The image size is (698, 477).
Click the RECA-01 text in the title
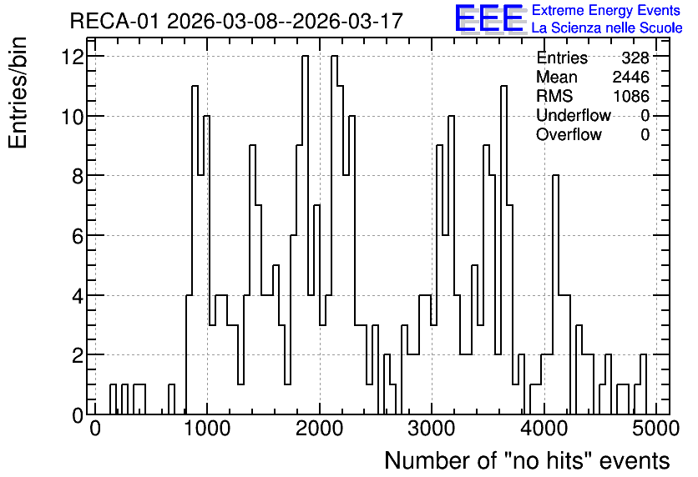[114, 21]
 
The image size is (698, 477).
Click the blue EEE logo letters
[489, 18]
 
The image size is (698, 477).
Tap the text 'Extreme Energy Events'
[606, 10]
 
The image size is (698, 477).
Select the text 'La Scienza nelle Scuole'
[607, 28]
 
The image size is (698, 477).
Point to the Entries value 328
[635, 58]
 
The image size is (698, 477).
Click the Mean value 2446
[630, 77]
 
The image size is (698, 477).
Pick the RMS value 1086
[631, 96]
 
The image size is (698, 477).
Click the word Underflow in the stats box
[574, 115]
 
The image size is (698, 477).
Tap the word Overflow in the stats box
[569, 134]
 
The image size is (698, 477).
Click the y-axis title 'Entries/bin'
[18, 93]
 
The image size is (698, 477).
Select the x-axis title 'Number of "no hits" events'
[527, 460]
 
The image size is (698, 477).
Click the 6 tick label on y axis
[78, 236]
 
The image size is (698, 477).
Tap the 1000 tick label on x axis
[207, 429]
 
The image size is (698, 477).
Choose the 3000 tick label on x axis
[432, 429]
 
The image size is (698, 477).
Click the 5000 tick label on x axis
[655, 429]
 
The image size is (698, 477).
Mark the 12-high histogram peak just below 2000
[305, 57]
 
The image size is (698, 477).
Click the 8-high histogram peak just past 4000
[555, 176]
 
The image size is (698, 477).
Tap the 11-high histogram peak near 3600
[503, 86]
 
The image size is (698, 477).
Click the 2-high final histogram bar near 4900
[643, 354]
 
